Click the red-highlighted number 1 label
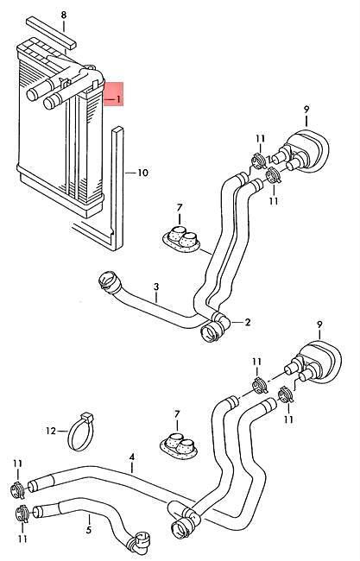[118, 99]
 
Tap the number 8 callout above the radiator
[64, 15]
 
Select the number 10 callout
[142, 173]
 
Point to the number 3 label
[156, 287]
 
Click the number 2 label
[248, 322]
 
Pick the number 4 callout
[132, 457]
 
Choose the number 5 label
[89, 530]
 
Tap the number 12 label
[51, 432]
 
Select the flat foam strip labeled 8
[51, 33]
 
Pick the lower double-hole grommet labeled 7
[178, 446]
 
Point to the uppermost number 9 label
[306, 109]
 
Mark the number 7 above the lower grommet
[177, 414]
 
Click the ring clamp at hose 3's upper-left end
[109, 280]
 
